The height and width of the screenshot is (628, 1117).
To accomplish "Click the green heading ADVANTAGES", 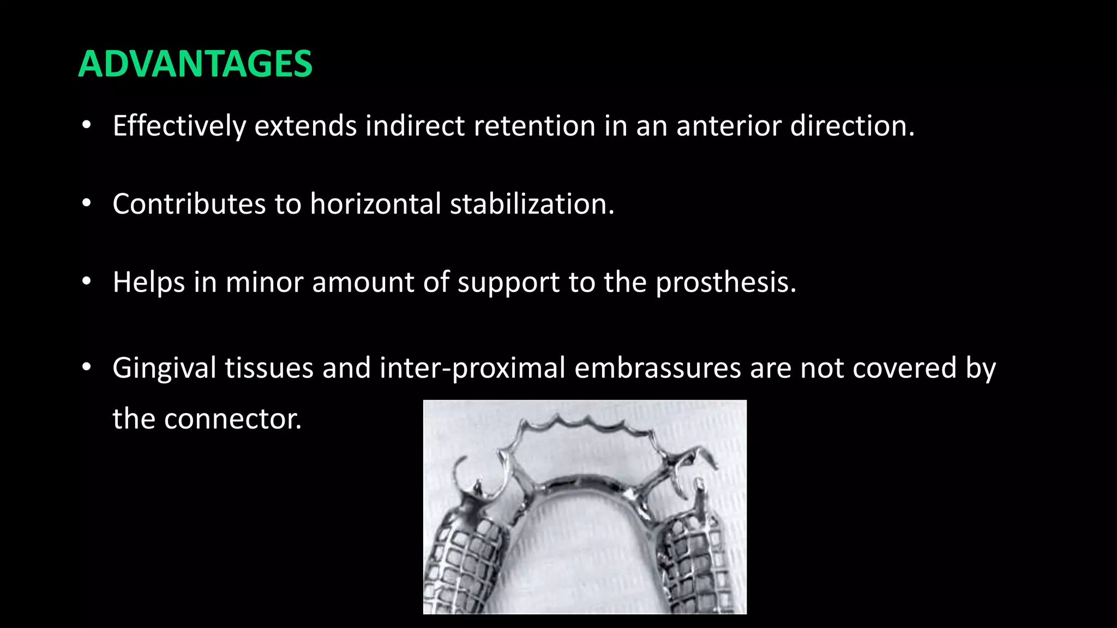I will point(195,64).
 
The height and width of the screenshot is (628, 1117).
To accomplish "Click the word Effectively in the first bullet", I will point(179,126).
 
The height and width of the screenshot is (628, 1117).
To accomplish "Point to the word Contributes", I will point(189,204).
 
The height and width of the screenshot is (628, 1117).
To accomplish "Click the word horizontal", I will point(375,204).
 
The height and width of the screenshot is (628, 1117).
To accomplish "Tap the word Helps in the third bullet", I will point(148,282).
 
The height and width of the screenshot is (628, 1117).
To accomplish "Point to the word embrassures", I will point(657,368).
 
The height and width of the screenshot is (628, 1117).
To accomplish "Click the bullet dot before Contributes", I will point(86,204).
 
